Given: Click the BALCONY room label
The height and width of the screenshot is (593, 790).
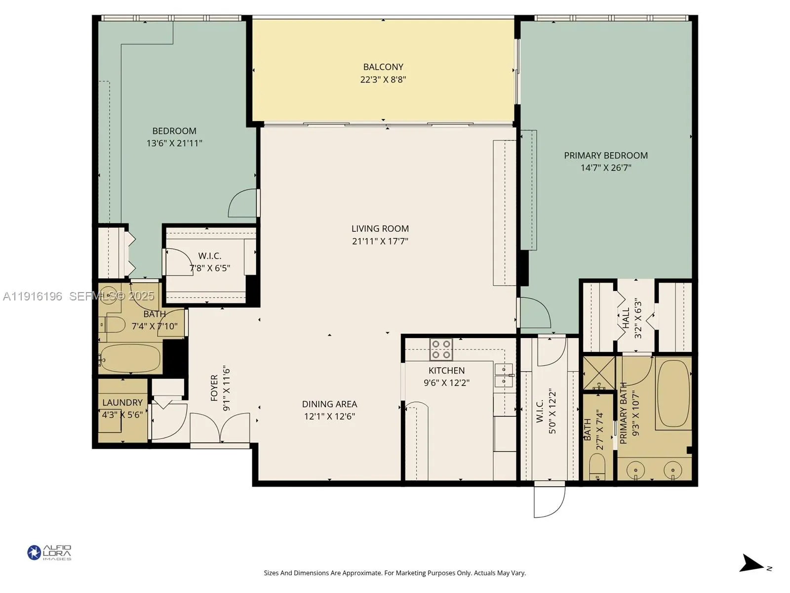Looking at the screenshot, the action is pyautogui.click(x=383, y=67).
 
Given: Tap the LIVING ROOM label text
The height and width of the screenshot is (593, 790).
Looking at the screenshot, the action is pyautogui.click(x=380, y=229).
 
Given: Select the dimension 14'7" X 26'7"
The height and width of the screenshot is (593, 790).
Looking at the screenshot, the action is pyautogui.click(x=606, y=168).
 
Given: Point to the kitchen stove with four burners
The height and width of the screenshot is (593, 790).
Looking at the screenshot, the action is pyautogui.click(x=441, y=349).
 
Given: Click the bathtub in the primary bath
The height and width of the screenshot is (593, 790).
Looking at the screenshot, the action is pyautogui.click(x=673, y=393).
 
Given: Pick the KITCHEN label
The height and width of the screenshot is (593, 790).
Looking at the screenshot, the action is pyautogui.click(x=446, y=371).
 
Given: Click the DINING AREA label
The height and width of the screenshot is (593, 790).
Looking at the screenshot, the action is pyautogui.click(x=329, y=404).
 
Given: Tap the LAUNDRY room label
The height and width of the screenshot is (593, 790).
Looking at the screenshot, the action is pyautogui.click(x=122, y=403).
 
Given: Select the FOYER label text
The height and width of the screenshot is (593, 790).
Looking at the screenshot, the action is pyautogui.click(x=214, y=388).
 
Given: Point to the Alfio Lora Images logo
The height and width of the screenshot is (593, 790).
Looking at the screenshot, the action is pyautogui.click(x=49, y=552).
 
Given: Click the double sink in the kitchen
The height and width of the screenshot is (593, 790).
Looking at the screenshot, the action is pyautogui.click(x=504, y=376).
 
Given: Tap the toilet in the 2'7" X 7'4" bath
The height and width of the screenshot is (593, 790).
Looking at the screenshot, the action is pyautogui.click(x=598, y=466).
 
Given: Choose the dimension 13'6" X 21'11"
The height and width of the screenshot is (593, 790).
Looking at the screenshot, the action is pyautogui.click(x=174, y=143).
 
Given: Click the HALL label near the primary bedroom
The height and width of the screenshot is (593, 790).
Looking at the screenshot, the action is pyautogui.click(x=626, y=318).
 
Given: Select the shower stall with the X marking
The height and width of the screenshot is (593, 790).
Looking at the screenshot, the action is pyautogui.click(x=598, y=373).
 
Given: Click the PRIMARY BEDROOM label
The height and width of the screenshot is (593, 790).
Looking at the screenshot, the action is pyautogui.click(x=606, y=156).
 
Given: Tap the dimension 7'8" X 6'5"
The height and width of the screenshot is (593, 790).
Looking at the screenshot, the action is pyautogui.click(x=210, y=268).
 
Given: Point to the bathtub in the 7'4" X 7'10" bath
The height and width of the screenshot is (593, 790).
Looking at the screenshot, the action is pyautogui.click(x=131, y=358).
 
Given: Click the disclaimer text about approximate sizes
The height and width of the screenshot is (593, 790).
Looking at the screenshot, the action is pyautogui.click(x=395, y=573).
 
